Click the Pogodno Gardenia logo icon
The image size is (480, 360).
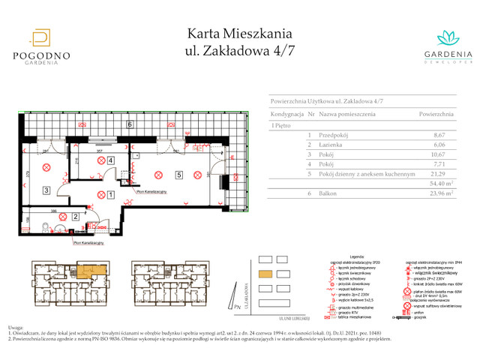41,37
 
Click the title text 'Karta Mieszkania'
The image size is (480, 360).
239,34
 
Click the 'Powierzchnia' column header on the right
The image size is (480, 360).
436,114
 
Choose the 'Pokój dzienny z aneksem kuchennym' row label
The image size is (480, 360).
367,172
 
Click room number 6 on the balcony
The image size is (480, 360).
130,124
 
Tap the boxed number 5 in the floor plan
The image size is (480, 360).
178,175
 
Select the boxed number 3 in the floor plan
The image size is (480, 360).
46,190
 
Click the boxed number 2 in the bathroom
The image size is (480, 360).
76,217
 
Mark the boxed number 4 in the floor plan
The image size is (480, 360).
110,160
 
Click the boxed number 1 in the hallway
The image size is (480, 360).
110,195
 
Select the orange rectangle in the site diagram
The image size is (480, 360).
265,274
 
